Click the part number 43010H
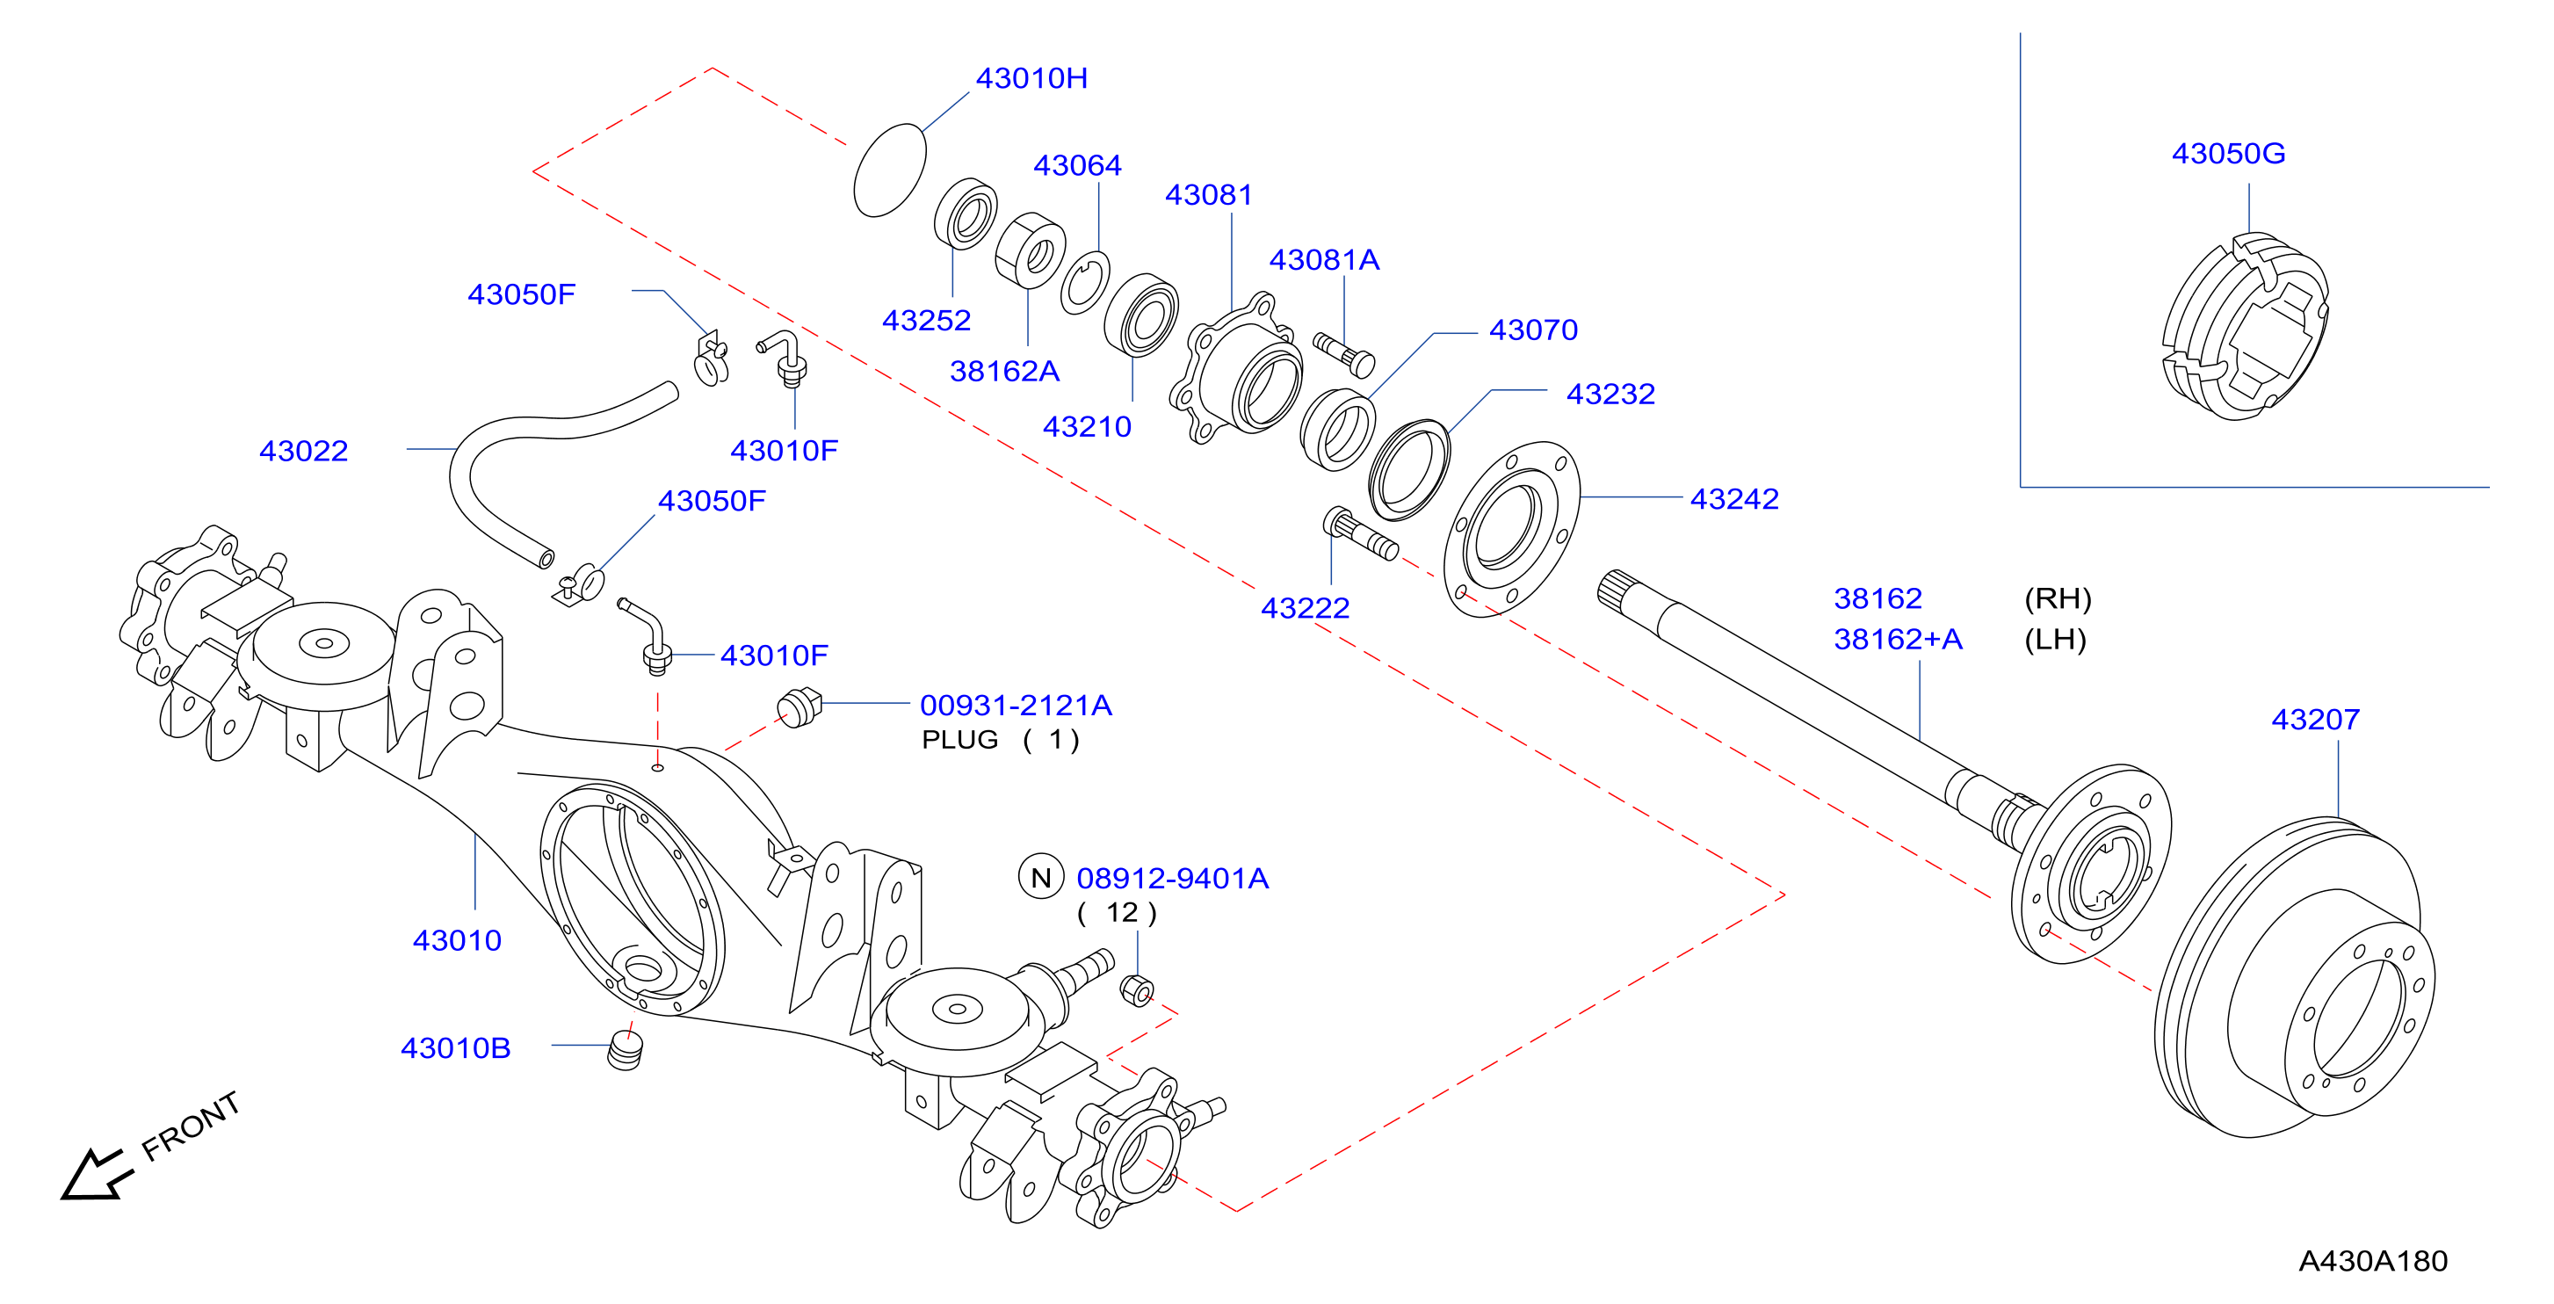pyautogui.click(x=1031, y=78)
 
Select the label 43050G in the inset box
pyautogui.click(x=2228, y=154)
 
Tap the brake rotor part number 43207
pyautogui.click(x=2315, y=719)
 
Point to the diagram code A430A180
pyautogui.click(x=2372, y=1260)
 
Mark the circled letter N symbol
pyautogui.click(x=1041, y=877)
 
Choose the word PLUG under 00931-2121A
pyautogui.click(x=959, y=740)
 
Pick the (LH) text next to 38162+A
pyautogui.click(x=2055, y=640)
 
